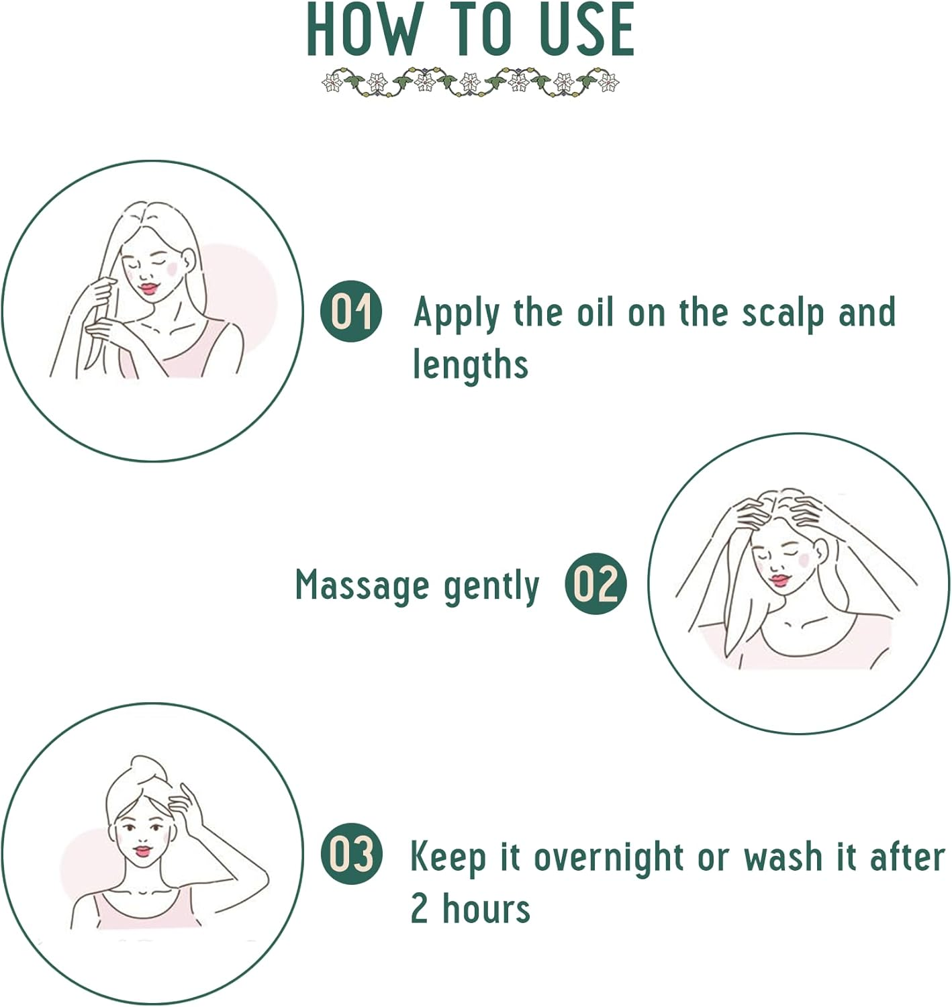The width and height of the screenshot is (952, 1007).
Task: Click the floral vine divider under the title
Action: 470,83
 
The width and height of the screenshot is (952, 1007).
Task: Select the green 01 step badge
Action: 350,311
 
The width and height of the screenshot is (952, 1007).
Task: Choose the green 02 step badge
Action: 595,583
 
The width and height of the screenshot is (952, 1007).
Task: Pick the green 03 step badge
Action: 350,854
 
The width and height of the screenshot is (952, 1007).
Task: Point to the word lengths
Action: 470,366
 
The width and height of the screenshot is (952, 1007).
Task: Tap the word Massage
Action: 362,585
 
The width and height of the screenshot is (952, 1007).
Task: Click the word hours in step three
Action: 486,910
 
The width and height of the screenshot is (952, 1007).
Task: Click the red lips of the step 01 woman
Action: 148,289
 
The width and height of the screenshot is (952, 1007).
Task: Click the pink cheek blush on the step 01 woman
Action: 172,269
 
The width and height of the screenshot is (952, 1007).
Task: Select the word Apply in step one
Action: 457,314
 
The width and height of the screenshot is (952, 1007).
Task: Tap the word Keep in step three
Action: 447,857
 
